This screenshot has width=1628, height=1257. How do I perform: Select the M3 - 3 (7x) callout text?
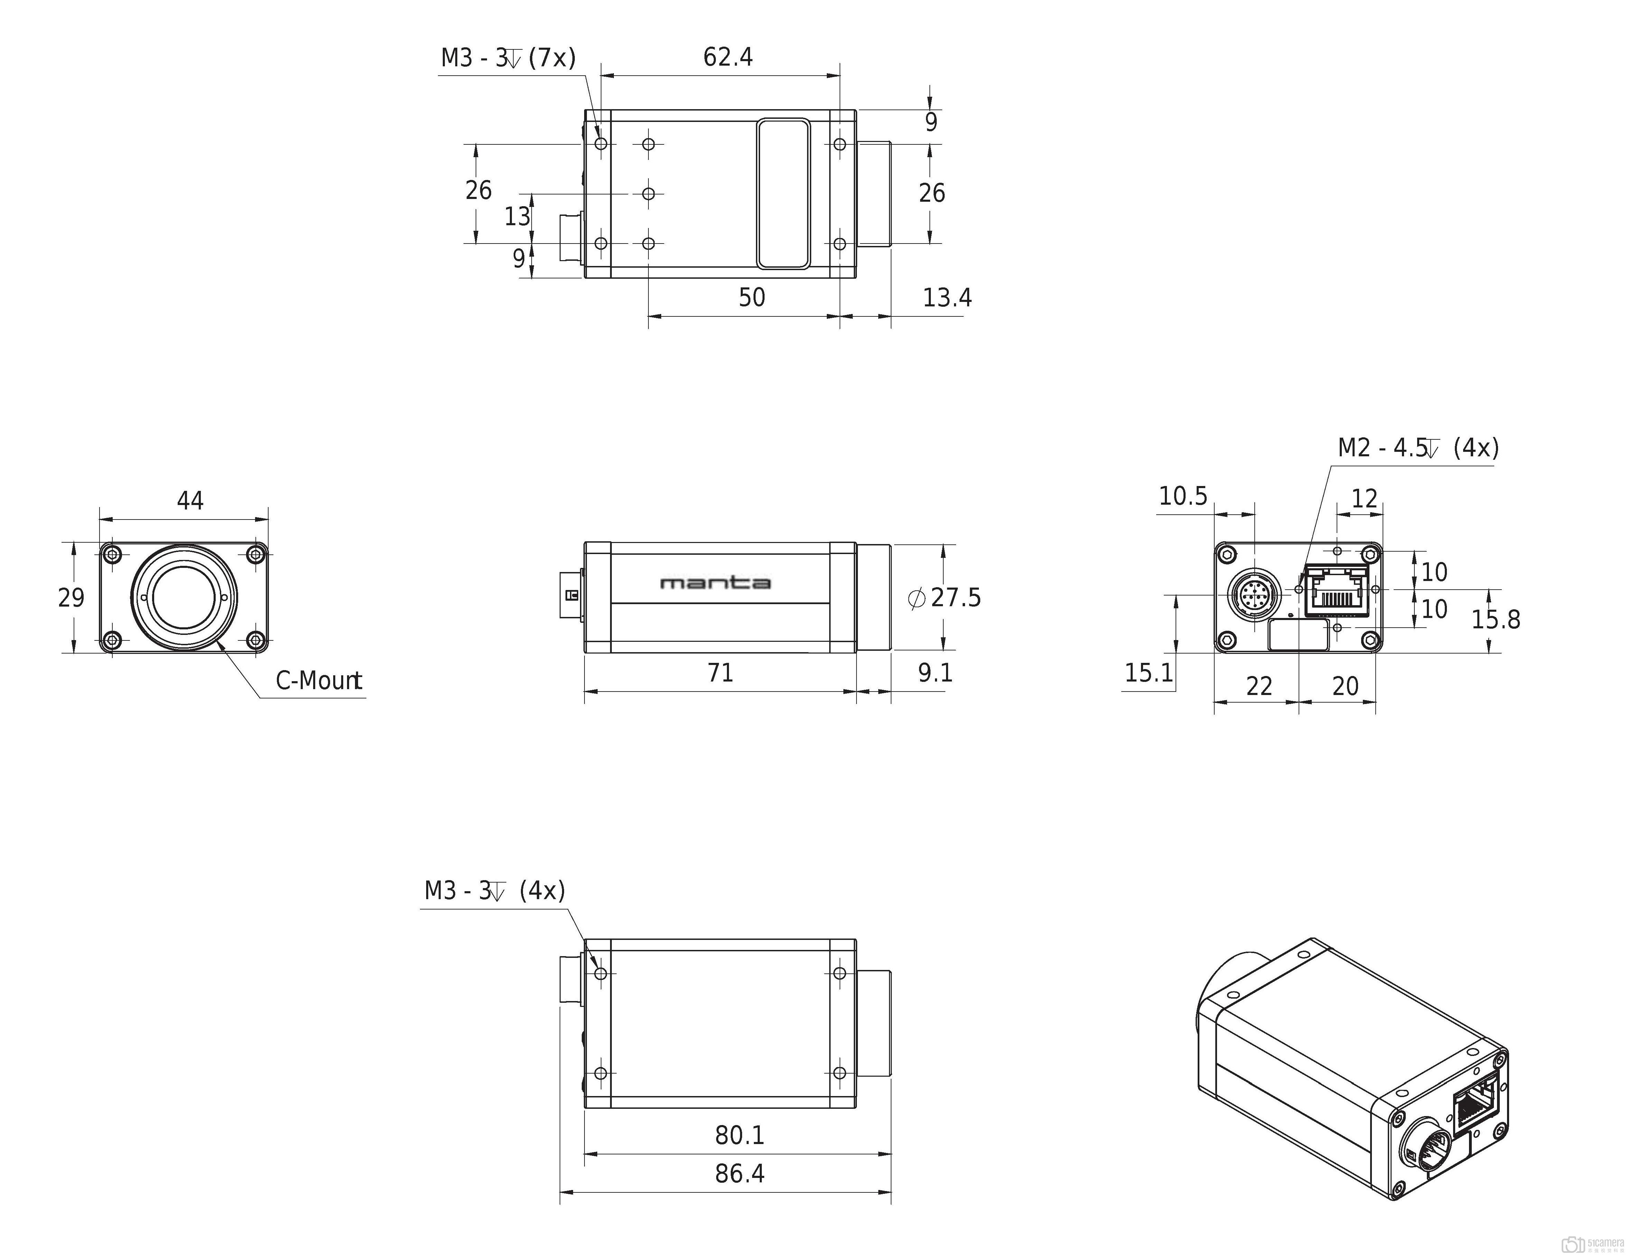click(x=508, y=57)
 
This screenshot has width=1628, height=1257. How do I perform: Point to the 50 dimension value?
click(x=751, y=297)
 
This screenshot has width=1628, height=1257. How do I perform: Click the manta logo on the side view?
click(x=715, y=583)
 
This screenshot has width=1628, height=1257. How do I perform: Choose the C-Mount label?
click(x=319, y=680)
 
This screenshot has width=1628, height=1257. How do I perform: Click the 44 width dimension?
click(x=190, y=500)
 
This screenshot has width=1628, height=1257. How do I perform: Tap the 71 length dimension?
click(x=720, y=673)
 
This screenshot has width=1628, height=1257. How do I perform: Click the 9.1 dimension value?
click(x=935, y=673)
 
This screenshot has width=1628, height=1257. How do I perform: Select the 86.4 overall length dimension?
click(x=739, y=1173)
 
